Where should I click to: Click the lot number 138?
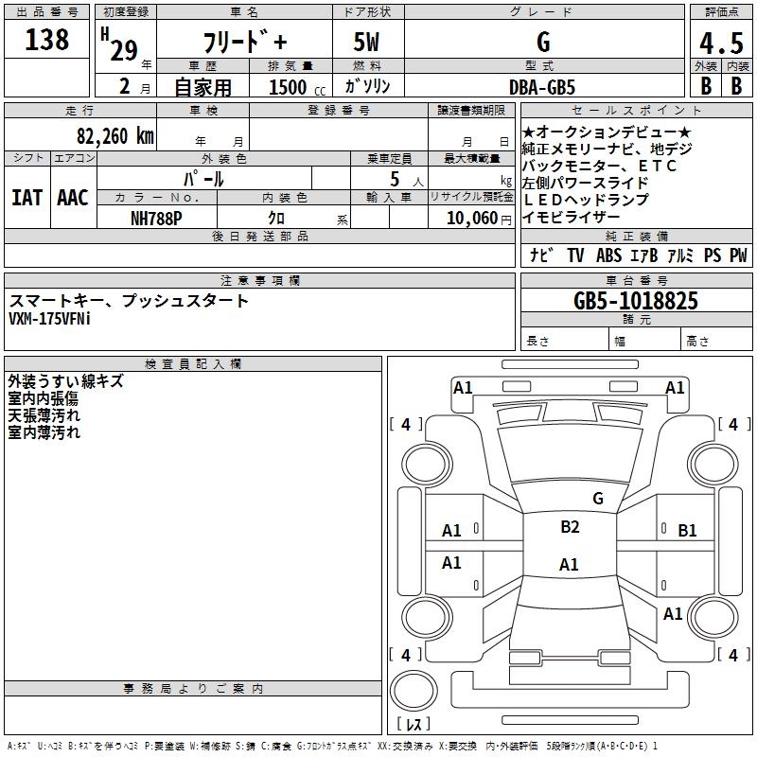[x=47, y=40]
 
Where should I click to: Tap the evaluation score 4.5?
[x=721, y=44]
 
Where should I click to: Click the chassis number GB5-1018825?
[x=636, y=301]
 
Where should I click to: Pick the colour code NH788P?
[x=157, y=217]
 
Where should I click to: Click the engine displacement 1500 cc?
[x=293, y=87]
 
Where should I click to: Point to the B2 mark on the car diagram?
[x=570, y=527]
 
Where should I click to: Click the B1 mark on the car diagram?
[x=687, y=531]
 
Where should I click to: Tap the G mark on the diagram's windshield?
[x=597, y=498]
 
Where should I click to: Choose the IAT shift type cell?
[x=27, y=198]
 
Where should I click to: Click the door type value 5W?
[x=368, y=43]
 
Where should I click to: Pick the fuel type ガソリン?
[x=368, y=86]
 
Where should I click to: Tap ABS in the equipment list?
[x=609, y=255]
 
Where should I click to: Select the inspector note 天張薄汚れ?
[x=44, y=415]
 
